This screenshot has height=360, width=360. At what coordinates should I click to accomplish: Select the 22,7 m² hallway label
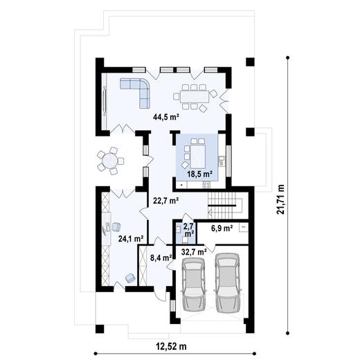[x=166, y=201]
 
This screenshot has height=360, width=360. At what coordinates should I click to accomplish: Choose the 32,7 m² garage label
[x=193, y=252]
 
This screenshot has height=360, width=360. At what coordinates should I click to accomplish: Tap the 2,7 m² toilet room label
[x=188, y=228]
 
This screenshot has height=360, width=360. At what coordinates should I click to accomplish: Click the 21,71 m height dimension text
[x=280, y=201]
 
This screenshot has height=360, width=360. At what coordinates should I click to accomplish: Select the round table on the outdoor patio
[x=109, y=161]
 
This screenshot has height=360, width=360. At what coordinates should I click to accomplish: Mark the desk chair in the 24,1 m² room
[x=117, y=226]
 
